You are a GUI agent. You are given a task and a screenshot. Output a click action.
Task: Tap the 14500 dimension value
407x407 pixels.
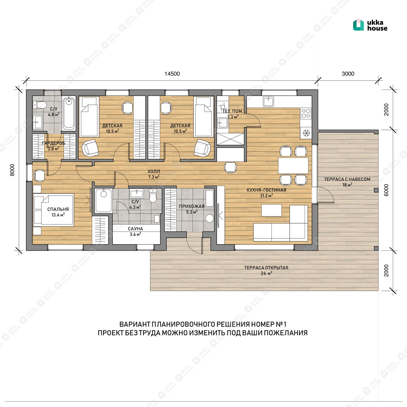point(172,74)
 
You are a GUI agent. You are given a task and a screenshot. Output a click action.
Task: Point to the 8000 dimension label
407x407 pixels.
point(13,170)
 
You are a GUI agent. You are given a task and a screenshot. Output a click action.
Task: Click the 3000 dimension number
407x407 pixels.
point(348,74)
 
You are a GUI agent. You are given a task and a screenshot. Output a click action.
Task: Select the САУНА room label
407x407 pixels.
point(135,229)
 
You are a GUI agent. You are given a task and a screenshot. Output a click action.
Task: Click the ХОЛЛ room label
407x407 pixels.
point(154,171)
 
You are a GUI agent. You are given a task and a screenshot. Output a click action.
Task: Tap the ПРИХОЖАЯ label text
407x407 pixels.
point(192,206)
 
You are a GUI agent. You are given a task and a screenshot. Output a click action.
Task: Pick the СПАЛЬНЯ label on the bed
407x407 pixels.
point(58,209)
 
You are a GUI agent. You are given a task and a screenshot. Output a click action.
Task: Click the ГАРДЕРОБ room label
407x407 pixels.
point(54,143)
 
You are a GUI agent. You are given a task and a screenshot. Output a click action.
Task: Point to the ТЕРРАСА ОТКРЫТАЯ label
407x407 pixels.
point(266,268)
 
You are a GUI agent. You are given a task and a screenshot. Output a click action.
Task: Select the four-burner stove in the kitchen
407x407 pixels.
point(306,113)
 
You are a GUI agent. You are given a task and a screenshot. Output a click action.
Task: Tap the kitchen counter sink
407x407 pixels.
point(268,101)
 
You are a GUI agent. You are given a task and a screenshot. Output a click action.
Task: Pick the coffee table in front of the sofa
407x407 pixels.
point(271,210)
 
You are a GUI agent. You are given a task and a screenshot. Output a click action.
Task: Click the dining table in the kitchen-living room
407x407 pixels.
point(293,166)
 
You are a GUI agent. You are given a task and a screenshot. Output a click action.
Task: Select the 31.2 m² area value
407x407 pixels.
point(266,195)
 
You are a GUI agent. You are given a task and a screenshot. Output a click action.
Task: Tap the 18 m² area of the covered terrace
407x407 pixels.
point(347,185)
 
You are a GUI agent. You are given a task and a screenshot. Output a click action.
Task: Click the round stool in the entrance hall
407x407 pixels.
point(210,218)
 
